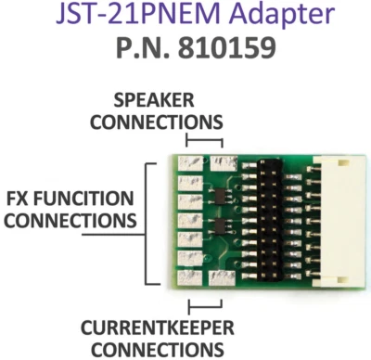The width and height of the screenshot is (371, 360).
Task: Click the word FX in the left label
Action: click(x=19, y=199)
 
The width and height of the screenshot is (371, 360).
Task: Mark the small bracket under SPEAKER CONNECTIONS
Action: click(x=204, y=140)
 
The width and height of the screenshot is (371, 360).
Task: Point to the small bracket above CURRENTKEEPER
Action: click(x=204, y=303)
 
